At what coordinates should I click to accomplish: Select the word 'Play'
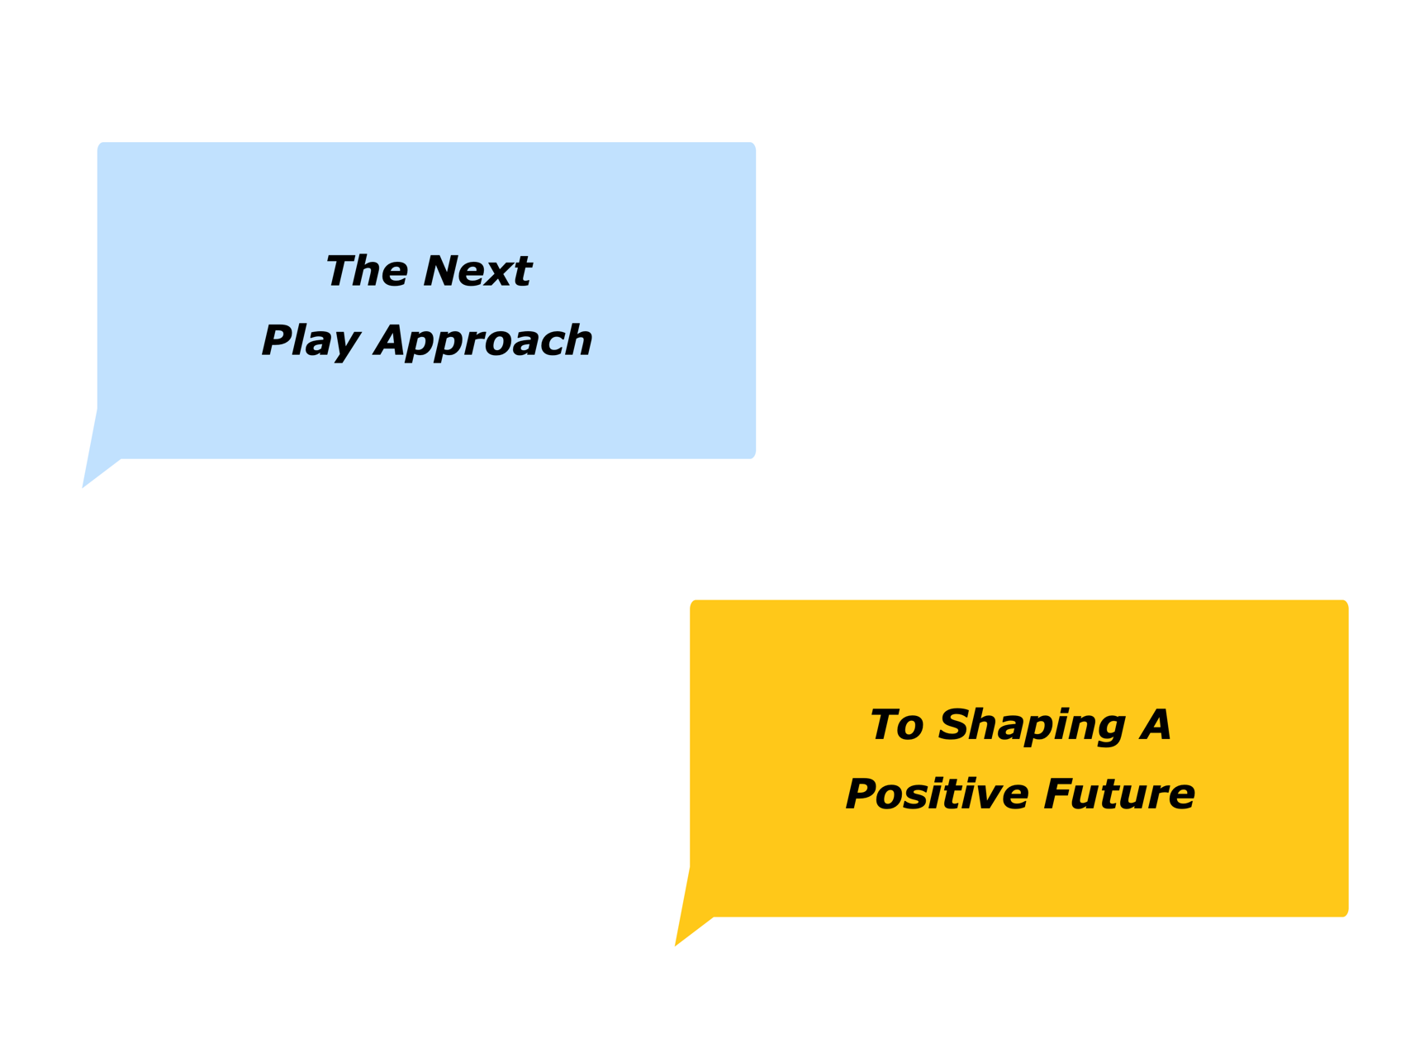[311, 341]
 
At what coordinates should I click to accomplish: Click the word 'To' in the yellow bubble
[895, 725]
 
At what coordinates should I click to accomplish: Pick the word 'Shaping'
[1032, 727]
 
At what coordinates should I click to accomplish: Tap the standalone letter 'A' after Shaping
[1155, 725]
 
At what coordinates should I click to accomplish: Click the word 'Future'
[1118, 794]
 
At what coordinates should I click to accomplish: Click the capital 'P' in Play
[276, 341]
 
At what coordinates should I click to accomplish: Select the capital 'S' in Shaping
[954, 725]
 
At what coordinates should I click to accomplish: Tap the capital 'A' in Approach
[392, 341]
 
